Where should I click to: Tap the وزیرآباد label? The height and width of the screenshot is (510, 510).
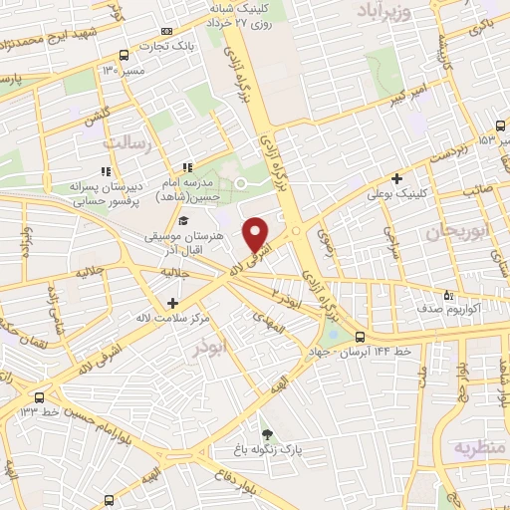383,10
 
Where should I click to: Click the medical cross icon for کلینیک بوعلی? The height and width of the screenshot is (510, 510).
397,179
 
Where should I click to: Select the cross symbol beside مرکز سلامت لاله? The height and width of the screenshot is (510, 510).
173,303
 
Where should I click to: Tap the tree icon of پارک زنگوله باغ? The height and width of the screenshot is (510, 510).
266,433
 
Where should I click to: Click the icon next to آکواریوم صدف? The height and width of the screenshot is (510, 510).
447,295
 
